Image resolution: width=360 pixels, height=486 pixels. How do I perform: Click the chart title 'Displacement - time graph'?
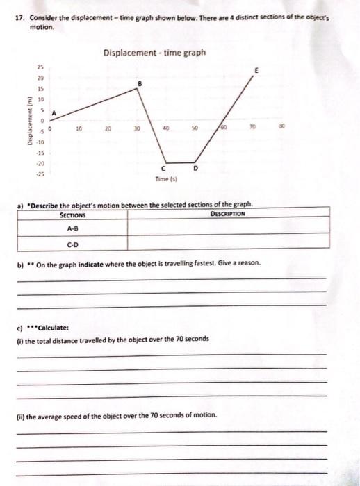pyautogui.click(x=154, y=52)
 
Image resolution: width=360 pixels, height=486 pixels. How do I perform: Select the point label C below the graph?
pyautogui.click(x=164, y=169)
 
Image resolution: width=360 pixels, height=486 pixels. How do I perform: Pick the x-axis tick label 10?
pyautogui.click(x=79, y=128)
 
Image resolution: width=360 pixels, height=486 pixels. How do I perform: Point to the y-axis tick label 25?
pyautogui.click(x=40, y=66)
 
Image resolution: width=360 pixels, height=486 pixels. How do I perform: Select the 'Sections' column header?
pyautogui.click(x=72, y=215)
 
